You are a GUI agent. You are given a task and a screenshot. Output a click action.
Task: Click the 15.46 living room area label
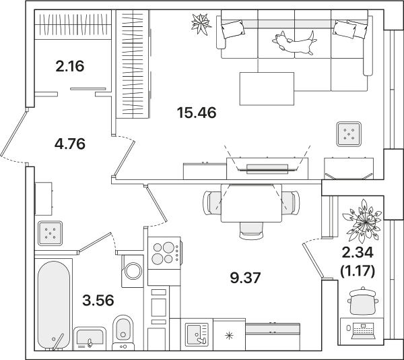click(197, 113)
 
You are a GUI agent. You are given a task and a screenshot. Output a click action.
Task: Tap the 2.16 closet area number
click(70, 66)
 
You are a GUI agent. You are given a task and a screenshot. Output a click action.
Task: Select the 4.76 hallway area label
click(70, 144)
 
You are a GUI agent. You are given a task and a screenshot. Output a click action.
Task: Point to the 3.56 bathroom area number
click(98, 301)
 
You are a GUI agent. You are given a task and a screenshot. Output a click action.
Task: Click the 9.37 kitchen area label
click(246, 278)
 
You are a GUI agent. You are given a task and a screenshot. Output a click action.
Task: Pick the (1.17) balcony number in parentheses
click(358, 271)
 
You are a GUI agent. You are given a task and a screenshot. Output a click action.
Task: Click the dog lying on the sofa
click(294, 42)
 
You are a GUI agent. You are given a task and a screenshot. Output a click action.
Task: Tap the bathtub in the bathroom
click(54, 305)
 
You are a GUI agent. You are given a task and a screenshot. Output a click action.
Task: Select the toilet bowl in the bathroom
click(123, 332)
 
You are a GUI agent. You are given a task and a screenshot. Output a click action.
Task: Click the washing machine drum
click(133, 271)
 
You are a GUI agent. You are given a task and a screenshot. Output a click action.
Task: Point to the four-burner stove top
click(164, 253)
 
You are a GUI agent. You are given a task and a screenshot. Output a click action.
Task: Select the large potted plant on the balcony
click(363, 221)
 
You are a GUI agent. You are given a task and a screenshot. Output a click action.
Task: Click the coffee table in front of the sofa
click(267, 89)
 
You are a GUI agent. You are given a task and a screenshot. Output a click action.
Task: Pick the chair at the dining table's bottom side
click(251, 231)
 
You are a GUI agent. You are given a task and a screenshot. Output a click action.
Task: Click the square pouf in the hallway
click(50, 233)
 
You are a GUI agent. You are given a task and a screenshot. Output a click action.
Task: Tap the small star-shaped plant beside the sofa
click(201, 24)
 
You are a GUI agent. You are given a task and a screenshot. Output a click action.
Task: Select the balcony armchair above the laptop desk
click(363, 301)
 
